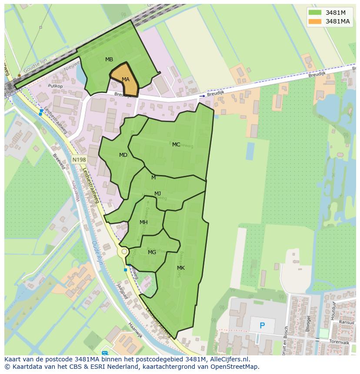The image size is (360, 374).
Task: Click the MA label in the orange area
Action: pyautogui.click(x=126, y=79)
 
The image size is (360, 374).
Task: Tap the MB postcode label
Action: pyautogui.click(x=109, y=59)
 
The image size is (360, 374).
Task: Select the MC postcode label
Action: pyautogui.click(x=176, y=144)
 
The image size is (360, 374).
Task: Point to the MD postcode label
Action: pyautogui.click(x=123, y=155)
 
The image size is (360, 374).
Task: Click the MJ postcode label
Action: pyautogui.click(x=157, y=193)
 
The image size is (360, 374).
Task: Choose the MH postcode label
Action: pyautogui.click(x=143, y=222)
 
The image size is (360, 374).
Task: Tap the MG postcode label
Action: pyautogui.click(x=152, y=252)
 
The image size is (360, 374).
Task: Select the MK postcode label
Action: pyautogui.click(x=181, y=268)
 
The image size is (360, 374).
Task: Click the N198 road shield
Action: pyautogui.click(x=79, y=160)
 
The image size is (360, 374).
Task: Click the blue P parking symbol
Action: pyautogui.click(x=262, y=325)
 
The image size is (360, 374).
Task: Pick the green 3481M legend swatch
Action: pyautogui.click(x=315, y=12)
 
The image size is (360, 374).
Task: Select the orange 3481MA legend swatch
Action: pyautogui.click(x=315, y=21)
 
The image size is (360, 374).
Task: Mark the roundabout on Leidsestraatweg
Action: pyautogui.click(x=124, y=252)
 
